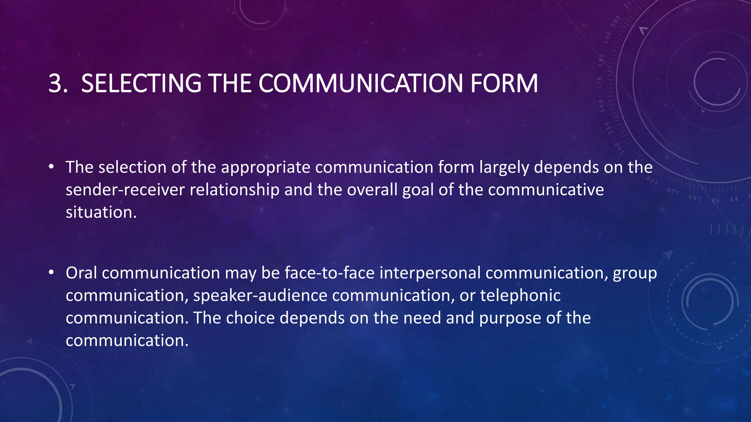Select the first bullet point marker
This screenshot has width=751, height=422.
click(x=51, y=167)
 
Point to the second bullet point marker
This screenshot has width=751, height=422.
click(x=51, y=273)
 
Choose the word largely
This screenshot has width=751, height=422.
click(x=504, y=168)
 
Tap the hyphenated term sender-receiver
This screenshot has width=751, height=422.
click(x=125, y=190)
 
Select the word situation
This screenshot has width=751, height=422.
click(x=101, y=212)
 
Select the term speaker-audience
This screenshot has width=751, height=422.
click(x=260, y=296)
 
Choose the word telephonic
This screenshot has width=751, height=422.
click(x=520, y=296)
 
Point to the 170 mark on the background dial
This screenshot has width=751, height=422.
click(x=599, y=83)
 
